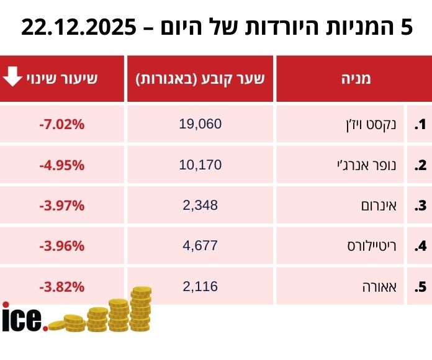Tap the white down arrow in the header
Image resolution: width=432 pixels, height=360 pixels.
coord(12,78)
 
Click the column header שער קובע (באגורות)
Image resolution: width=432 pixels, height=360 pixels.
coord(200,79)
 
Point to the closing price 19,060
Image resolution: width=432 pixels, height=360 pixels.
coord(200,124)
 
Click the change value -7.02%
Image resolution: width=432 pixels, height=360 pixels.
coord(61,125)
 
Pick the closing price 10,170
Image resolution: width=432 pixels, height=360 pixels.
coord(200,165)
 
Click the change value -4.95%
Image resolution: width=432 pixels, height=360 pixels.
coord(61,166)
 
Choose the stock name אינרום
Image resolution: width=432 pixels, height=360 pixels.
coord(380,206)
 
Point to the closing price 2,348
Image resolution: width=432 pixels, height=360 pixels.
coord(200,205)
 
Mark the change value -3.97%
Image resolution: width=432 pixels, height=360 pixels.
coord(61,206)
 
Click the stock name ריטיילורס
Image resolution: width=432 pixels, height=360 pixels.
coord(372,246)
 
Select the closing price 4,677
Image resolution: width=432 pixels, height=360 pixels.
coord(200,246)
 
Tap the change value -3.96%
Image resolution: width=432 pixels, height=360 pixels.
coord(61,246)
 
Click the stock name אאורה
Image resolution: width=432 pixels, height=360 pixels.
coord(382,287)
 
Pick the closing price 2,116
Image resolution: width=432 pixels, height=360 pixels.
coord(200,286)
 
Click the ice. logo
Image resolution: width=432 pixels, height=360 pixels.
coord(24,318)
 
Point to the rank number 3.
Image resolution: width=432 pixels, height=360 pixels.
coord(421,206)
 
